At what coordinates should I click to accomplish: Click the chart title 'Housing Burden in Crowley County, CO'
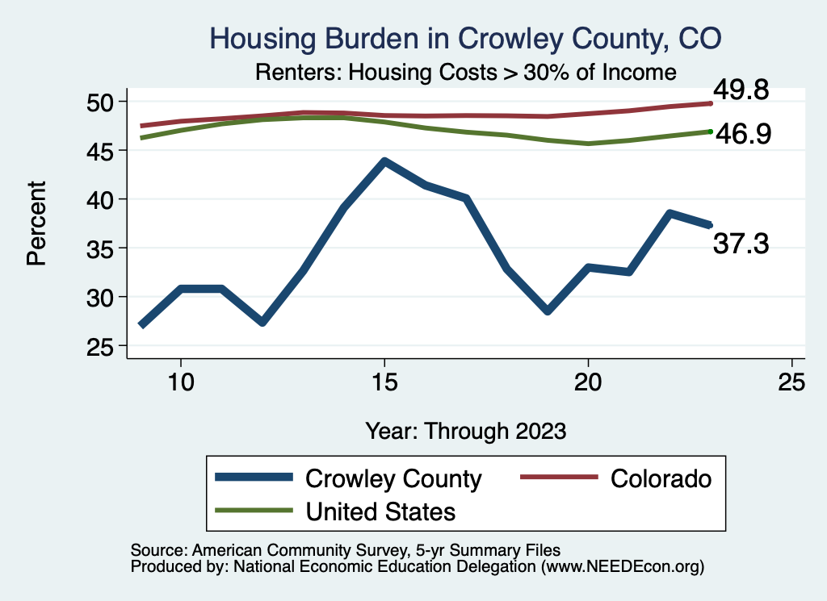click(x=465, y=38)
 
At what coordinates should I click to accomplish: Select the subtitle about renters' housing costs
click(x=465, y=73)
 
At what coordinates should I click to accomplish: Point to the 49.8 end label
click(x=740, y=90)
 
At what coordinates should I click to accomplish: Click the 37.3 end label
click(x=740, y=243)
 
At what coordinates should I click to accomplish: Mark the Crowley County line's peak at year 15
click(x=384, y=161)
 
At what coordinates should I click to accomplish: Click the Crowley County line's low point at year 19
click(x=548, y=311)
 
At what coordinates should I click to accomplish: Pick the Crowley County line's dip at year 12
click(x=262, y=322)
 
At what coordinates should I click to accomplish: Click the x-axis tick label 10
click(x=180, y=382)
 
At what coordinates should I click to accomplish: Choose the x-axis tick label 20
click(x=588, y=382)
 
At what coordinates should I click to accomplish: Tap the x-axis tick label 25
click(x=791, y=382)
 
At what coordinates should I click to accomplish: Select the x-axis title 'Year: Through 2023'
click(x=465, y=430)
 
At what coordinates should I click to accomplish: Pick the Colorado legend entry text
click(x=661, y=478)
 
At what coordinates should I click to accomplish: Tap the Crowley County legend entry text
click(x=393, y=478)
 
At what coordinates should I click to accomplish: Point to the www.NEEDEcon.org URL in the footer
click(x=622, y=567)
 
